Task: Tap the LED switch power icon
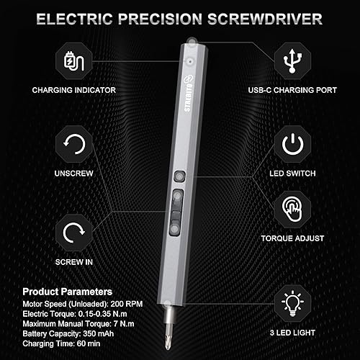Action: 292,144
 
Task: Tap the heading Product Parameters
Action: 67,292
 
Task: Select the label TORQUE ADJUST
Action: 292,238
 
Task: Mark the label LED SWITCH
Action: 292,174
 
